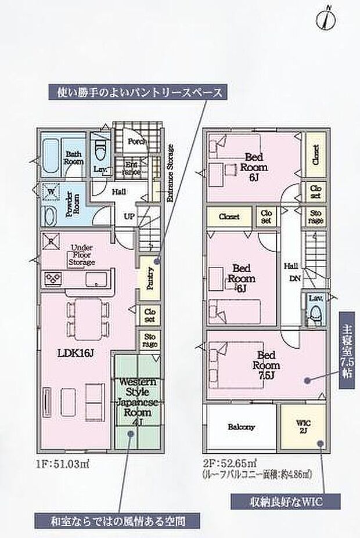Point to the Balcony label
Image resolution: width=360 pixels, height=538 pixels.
(240, 427)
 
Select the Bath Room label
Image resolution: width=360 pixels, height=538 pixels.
(73, 158)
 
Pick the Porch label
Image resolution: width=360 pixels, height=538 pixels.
(136, 141)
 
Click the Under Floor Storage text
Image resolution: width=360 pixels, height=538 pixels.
(82, 255)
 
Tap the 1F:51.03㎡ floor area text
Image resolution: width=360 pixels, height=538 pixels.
(64, 464)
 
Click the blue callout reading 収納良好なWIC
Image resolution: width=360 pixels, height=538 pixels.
(284, 501)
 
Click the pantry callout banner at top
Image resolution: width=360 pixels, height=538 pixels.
(139, 91)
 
